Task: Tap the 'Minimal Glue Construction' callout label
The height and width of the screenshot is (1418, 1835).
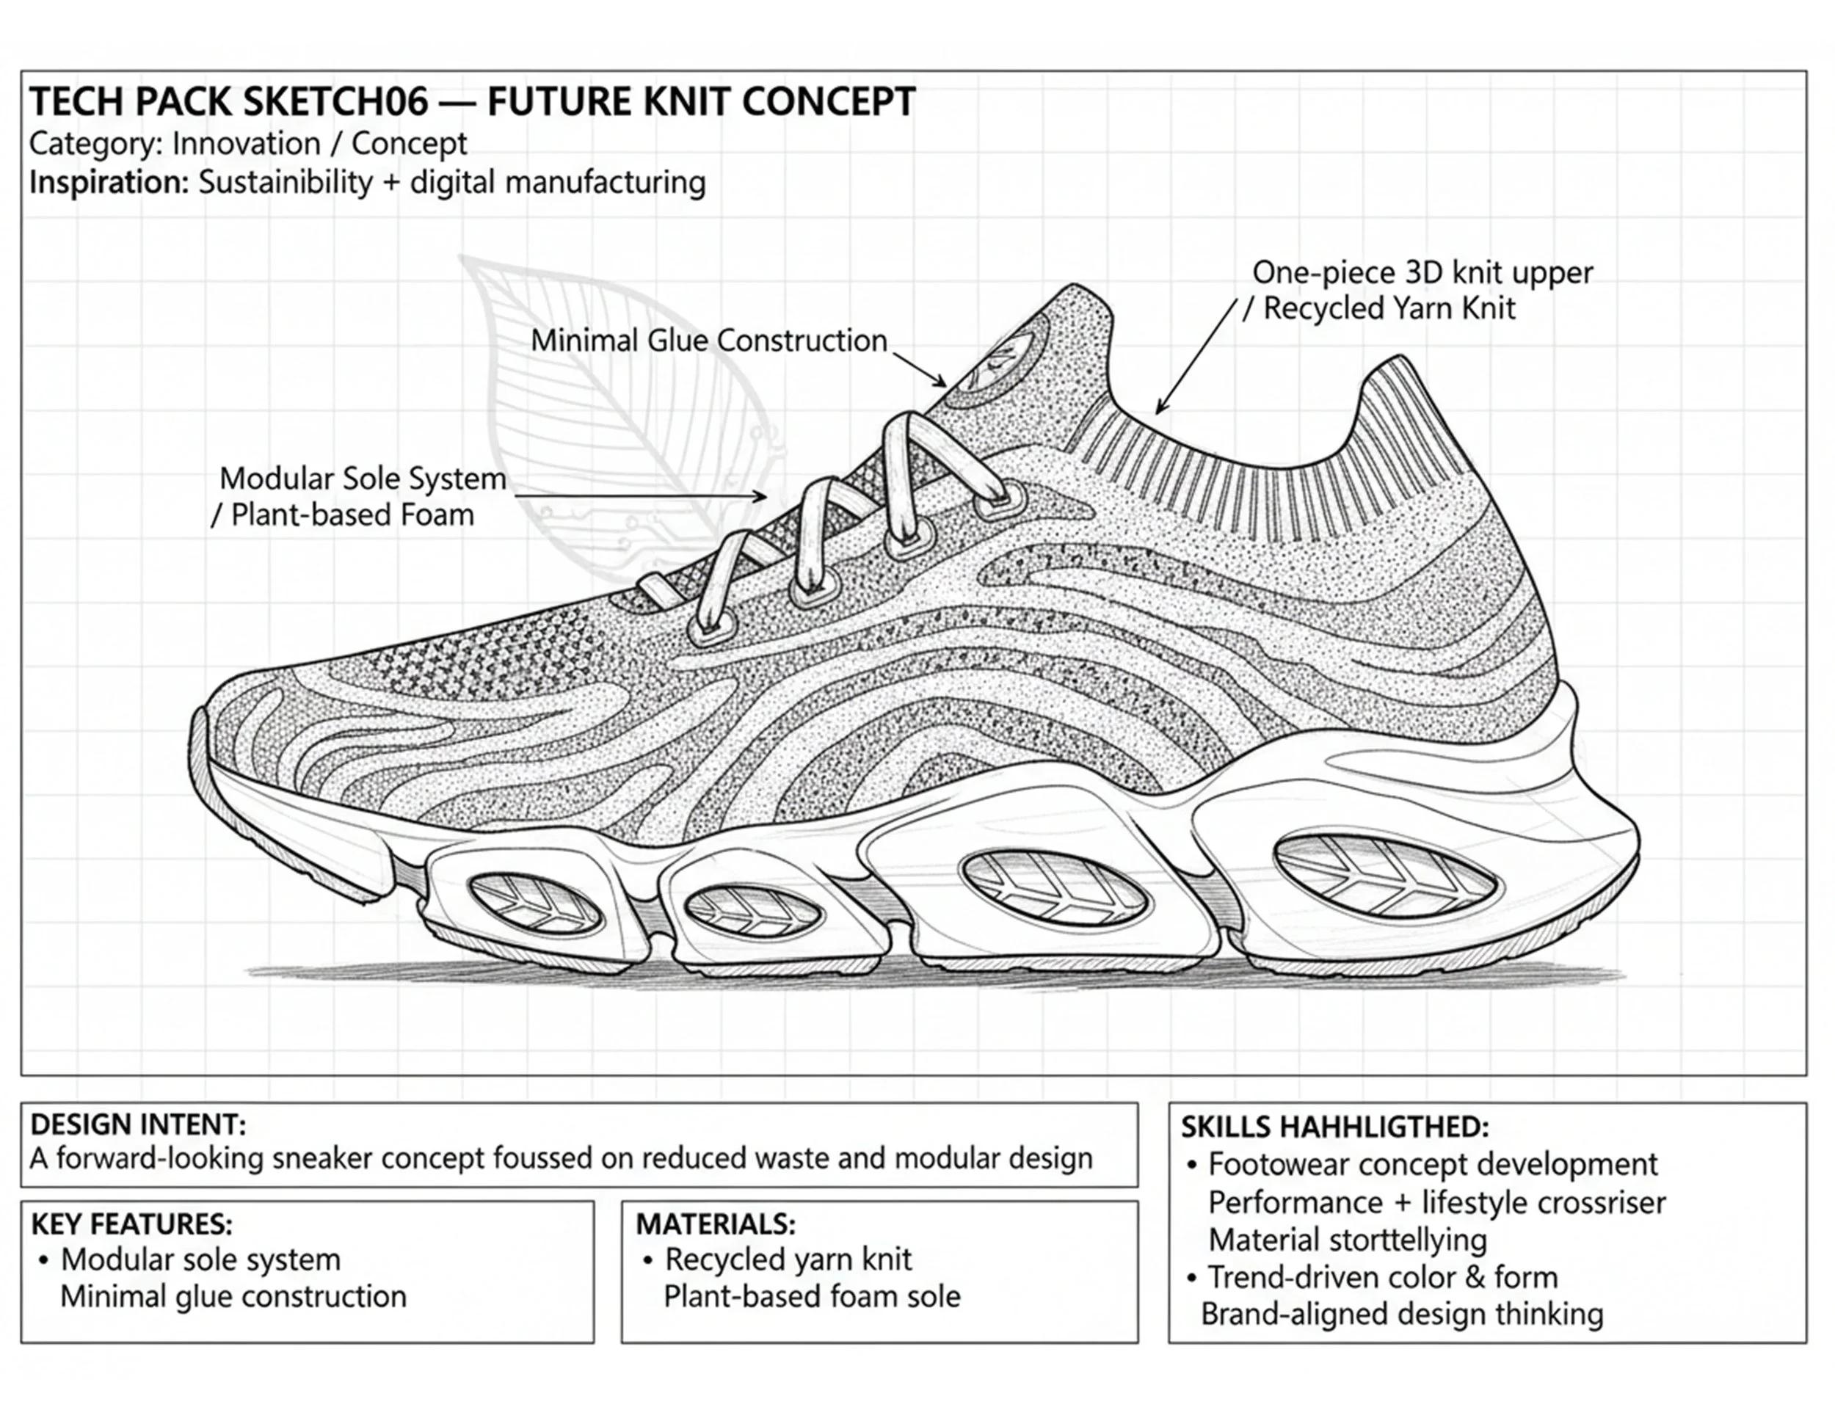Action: click(x=708, y=341)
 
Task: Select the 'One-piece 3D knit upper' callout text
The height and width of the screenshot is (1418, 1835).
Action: click(x=1422, y=273)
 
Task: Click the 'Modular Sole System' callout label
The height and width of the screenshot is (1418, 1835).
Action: click(x=362, y=479)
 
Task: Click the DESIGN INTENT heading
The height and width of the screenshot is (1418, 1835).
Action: click(x=138, y=1125)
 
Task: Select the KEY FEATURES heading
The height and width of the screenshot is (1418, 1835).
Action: click(x=131, y=1224)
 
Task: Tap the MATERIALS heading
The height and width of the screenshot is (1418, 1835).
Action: click(x=715, y=1224)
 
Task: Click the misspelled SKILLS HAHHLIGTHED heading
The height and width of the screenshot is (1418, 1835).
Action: click(x=1334, y=1127)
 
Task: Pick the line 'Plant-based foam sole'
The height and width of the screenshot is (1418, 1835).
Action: click(x=812, y=1296)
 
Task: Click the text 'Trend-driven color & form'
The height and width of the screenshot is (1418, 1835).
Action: click(x=1382, y=1278)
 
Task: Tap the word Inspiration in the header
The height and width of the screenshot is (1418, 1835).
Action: click(x=109, y=182)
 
